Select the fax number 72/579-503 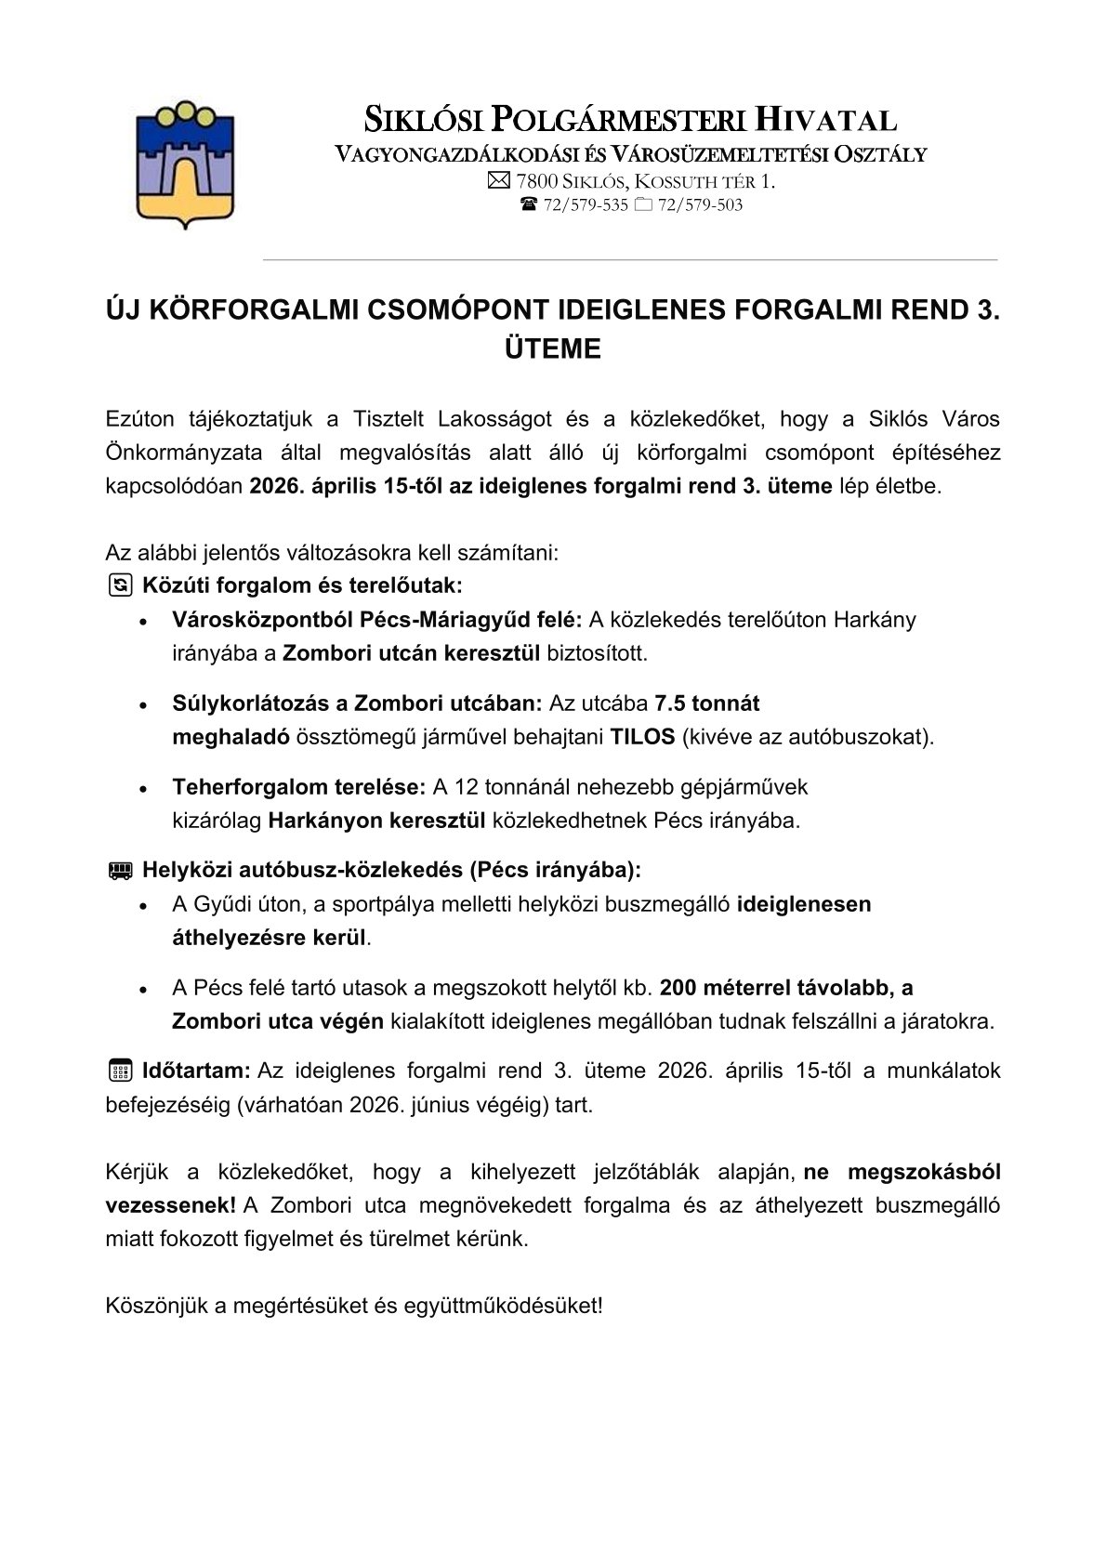[700, 205]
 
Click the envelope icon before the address [499, 181]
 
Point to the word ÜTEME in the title [552, 349]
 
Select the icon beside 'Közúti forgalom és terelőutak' [120, 585]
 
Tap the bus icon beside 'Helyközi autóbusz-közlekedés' [120, 871]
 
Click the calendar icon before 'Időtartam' [120, 1071]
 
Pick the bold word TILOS [642, 737]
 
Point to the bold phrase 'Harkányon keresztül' [377, 821]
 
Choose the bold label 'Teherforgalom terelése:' [298, 788]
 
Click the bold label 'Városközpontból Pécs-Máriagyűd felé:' [376, 620]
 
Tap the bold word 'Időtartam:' [196, 1071]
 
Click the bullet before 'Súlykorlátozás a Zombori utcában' [143, 705]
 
